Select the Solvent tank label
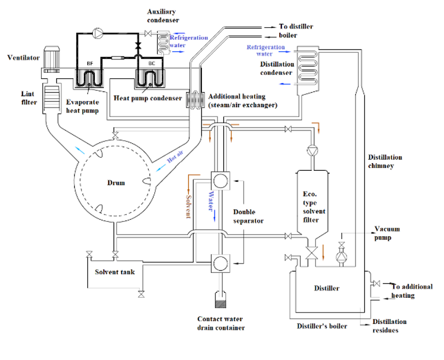(114, 272)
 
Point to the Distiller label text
(327, 288)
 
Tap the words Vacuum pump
(387, 233)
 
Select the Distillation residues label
(389, 326)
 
